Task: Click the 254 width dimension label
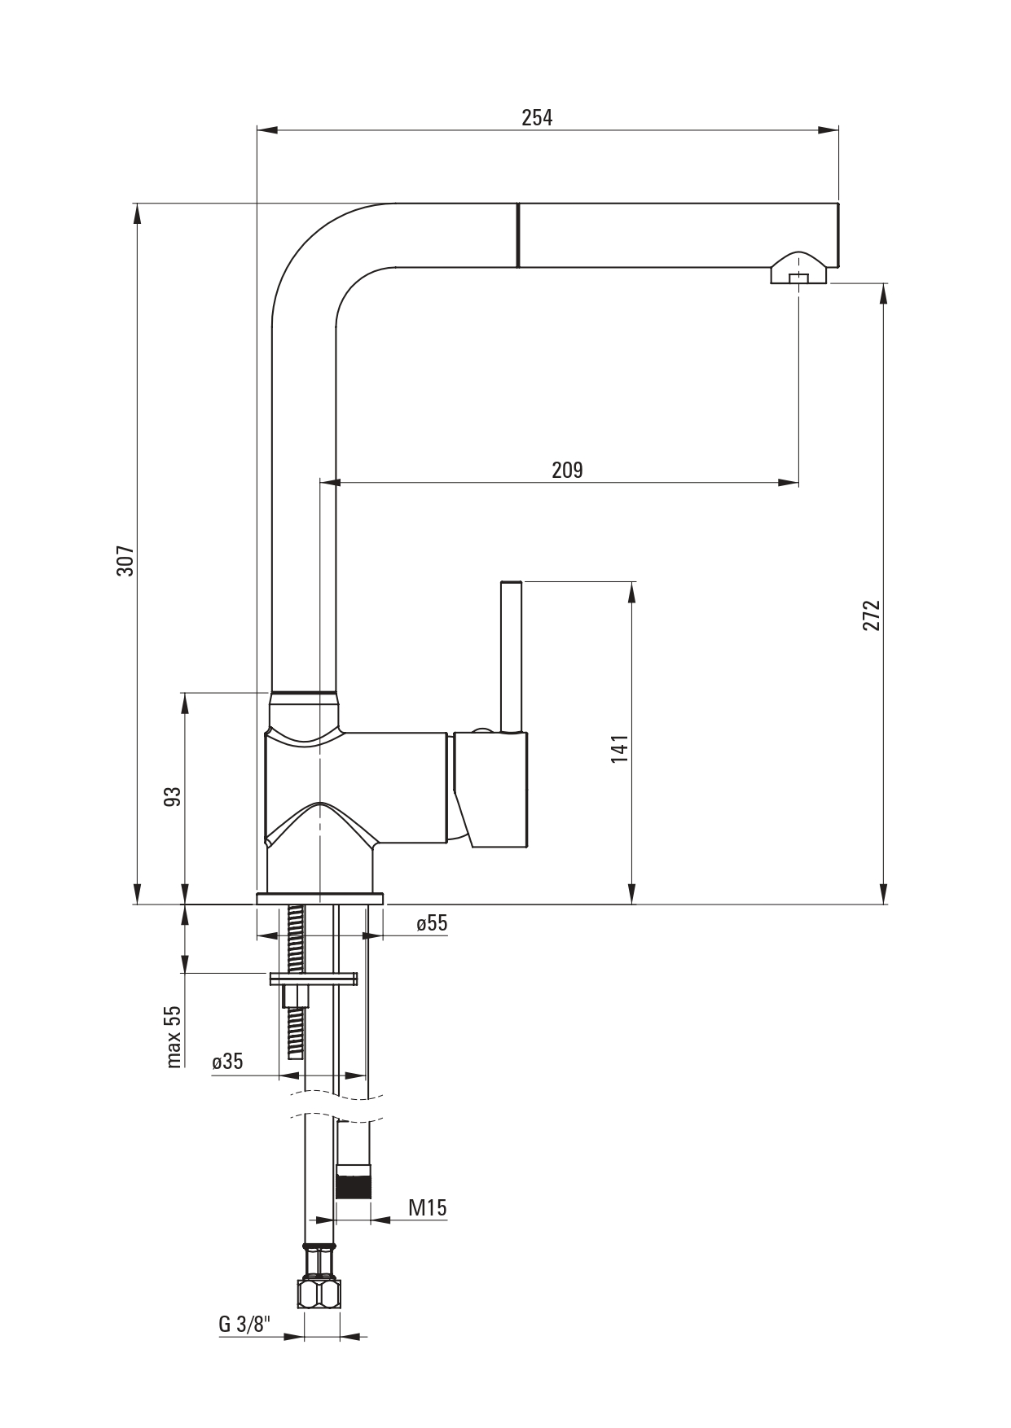(537, 117)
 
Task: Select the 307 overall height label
(125, 561)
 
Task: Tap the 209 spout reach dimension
(567, 470)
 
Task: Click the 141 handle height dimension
(620, 749)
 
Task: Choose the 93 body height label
(172, 796)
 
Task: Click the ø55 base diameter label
(432, 923)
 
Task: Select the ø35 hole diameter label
(227, 1062)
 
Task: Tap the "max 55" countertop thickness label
(173, 1036)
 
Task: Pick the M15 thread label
(428, 1207)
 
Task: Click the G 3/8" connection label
(243, 1324)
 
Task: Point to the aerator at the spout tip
(798, 269)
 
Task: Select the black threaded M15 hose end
(354, 1182)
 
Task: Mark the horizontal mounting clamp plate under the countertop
(313, 979)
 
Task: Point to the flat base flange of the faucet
(320, 899)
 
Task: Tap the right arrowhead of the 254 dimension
(829, 129)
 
